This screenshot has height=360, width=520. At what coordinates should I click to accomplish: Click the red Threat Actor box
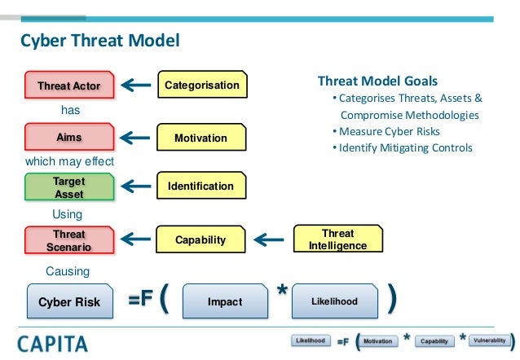(x=68, y=85)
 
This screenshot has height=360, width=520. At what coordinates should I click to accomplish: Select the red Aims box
(x=68, y=138)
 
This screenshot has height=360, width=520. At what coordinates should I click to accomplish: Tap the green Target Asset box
(x=68, y=187)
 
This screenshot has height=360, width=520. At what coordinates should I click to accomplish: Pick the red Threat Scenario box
(x=68, y=240)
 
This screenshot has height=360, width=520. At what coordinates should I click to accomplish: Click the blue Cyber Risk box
(x=69, y=301)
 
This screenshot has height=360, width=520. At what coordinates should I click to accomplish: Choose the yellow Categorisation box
(x=201, y=85)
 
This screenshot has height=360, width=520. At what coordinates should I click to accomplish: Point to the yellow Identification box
(x=201, y=187)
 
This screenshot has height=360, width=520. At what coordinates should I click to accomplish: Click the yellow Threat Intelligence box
(x=337, y=239)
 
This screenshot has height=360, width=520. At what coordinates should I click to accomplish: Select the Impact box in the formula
(x=224, y=301)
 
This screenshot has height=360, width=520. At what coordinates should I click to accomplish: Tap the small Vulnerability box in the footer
(x=487, y=340)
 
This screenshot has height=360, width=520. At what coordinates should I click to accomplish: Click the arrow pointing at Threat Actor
(x=139, y=85)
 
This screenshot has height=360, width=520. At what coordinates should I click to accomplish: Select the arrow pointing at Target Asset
(x=139, y=187)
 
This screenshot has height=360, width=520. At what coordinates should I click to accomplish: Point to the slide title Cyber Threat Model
(x=99, y=40)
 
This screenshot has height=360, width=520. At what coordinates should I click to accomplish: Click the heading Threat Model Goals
(x=377, y=81)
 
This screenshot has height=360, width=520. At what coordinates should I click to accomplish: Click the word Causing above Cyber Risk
(x=68, y=270)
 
